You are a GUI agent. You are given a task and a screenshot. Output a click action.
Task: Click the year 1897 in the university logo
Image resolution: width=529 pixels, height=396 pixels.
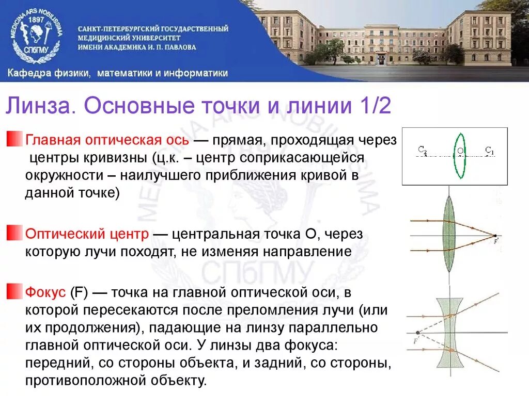37,19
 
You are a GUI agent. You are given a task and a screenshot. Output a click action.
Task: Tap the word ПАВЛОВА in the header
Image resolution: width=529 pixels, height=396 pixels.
177,47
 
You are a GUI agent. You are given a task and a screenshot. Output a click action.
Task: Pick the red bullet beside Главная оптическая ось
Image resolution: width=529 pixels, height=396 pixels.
12,139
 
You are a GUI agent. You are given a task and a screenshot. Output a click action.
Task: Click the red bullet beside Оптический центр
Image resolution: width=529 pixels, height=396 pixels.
12,234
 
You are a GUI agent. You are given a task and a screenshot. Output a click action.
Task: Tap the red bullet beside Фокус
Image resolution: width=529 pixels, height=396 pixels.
12,292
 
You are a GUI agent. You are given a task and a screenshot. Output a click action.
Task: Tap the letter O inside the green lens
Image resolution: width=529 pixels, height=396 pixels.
460,151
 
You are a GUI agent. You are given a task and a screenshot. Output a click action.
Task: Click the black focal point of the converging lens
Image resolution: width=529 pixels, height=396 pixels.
495,235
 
